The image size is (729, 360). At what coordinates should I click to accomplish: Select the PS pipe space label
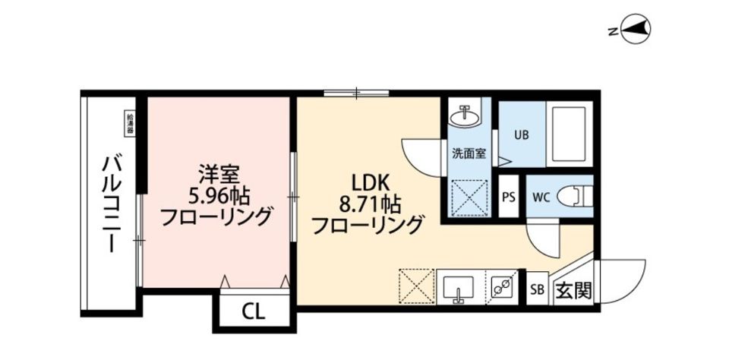tap(509, 196)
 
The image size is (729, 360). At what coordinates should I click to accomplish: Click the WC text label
tap(541, 196)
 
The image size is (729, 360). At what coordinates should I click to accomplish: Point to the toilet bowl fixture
tap(574, 196)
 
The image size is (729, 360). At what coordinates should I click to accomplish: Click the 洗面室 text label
tap(469, 153)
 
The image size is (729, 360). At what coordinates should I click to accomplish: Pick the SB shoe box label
tap(537, 289)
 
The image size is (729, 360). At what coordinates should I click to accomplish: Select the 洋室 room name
tap(216, 171)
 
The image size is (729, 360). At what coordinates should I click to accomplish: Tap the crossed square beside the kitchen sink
tap(415, 288)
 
